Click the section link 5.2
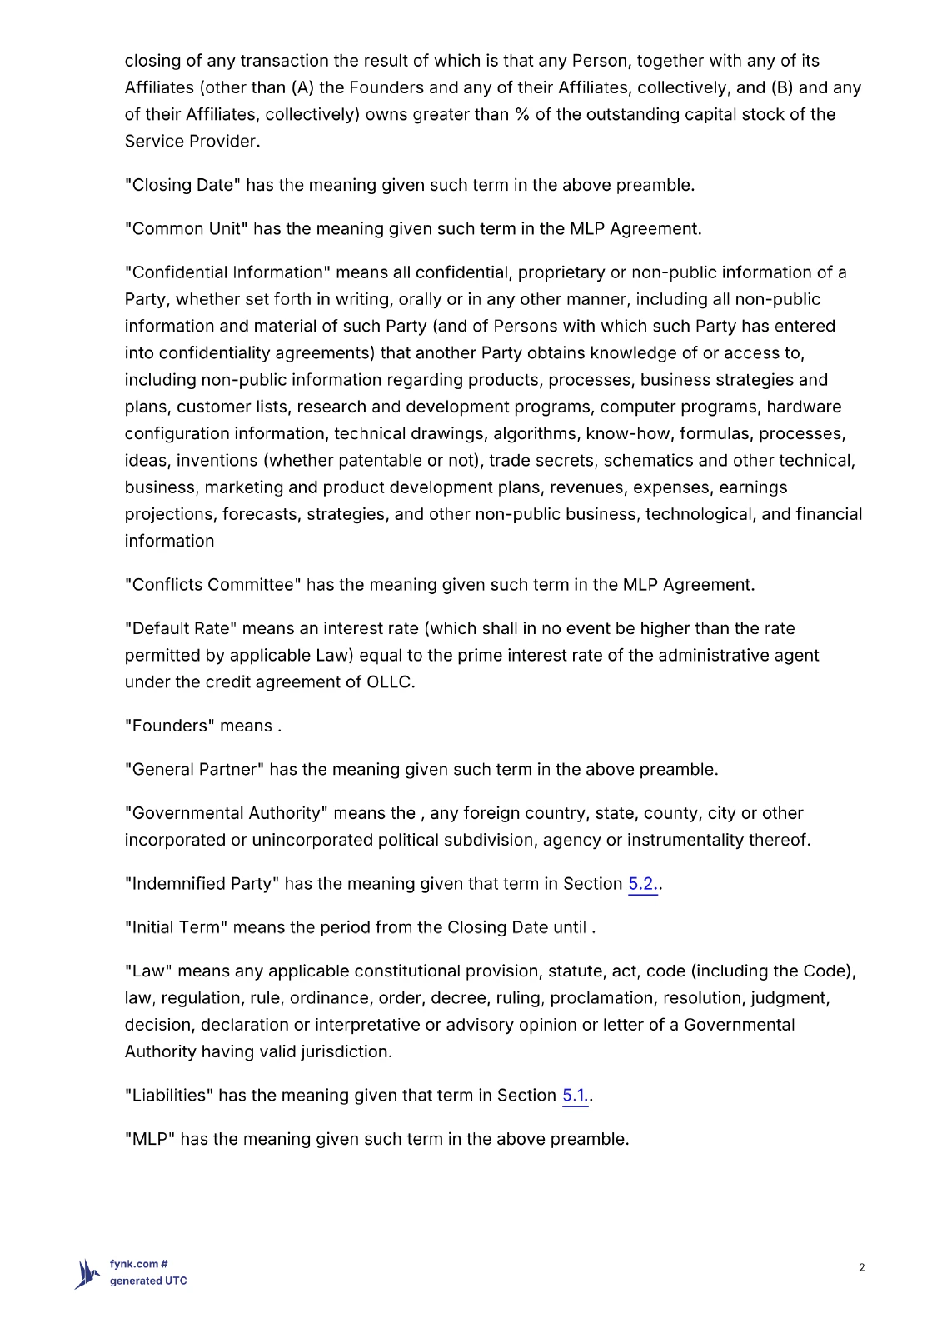(641, 884)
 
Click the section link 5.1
(575, 1096)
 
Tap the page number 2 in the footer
(861, 1268)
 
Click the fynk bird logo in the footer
(87, 1274)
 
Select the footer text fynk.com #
(139, 1264)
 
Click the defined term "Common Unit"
(186, 229)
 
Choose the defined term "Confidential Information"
(227, 272)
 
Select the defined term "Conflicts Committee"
(212, 585)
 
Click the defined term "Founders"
(169, 726)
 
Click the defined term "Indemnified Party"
(202, 884)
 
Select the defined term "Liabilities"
(168, 1096)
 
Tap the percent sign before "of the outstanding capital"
(522, 115)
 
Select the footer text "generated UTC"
(148, 1281)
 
